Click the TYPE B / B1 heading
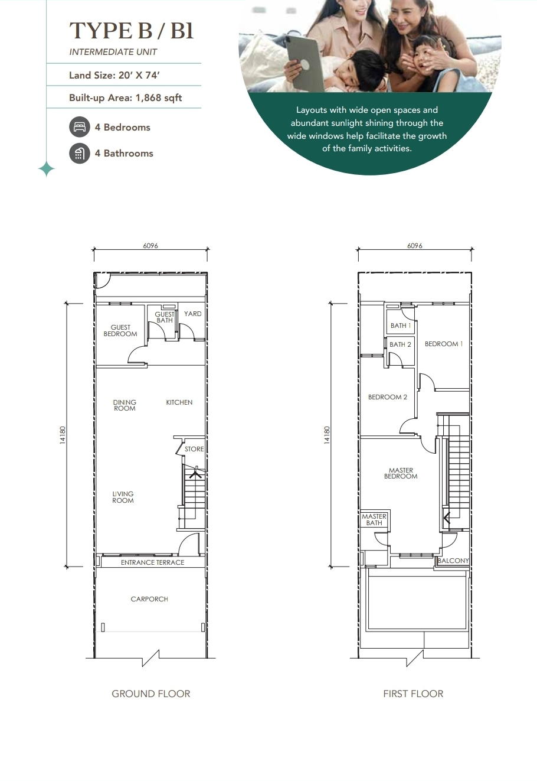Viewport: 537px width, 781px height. click(131, 31)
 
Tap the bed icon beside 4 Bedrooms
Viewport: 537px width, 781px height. click(80, 127)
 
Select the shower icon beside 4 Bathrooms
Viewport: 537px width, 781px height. click(80, 153)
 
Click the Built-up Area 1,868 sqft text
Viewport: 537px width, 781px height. click(125, 97)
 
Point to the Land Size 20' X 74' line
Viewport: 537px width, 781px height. click(114, 75)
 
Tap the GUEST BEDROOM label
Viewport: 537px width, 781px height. click(120, 330)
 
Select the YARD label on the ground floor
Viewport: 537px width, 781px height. click(192, 314)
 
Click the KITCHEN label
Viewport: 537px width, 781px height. click(179, 402)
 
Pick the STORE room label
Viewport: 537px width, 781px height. click(194, 449)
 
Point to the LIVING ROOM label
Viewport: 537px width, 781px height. click(123, 497)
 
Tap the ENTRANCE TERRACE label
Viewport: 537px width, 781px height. click(152, 562)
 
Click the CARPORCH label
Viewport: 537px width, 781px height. click(149, 599)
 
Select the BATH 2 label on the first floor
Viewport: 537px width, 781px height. click(400, 344)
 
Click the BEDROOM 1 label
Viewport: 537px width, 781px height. click(444, 344)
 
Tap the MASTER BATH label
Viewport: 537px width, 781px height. click(374, 519)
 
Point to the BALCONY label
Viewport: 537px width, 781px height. click(453, 561)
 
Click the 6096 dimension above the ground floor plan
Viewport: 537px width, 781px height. click(150, 246)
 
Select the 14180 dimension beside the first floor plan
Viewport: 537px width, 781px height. click(327, 435)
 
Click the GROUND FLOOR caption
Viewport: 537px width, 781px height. click(151, 694)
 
